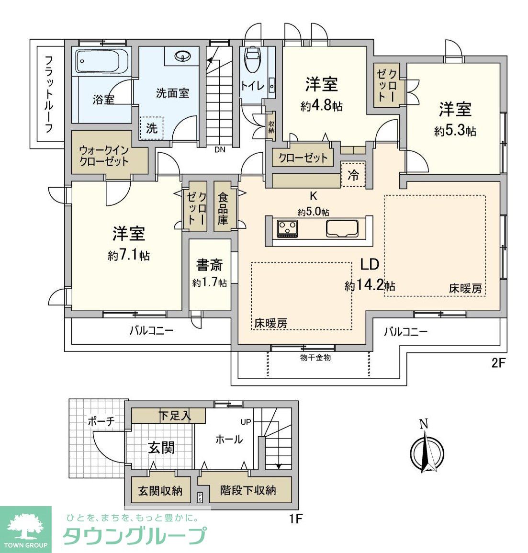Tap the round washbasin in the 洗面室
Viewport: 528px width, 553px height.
tap(182, 56)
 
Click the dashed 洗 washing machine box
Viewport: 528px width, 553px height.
tap(151, 128)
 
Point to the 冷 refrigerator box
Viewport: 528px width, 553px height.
tap(353, 174)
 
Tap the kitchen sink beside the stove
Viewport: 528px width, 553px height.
tap(342, 228)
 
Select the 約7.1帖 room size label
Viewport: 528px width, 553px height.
tap(128, 256)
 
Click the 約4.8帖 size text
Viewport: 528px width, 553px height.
tap(321, 106)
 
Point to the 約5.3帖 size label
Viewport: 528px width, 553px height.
tap(455, 131)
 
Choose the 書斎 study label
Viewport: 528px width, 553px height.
tap(209, 265)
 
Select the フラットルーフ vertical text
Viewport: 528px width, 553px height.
tap(48, 94)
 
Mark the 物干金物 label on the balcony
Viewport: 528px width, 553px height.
tap(315, 357)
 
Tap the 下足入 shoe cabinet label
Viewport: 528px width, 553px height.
tap(175, 416)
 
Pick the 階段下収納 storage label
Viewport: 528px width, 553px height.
tap(248, 490)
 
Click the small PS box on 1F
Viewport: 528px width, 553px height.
tap(200, 497)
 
